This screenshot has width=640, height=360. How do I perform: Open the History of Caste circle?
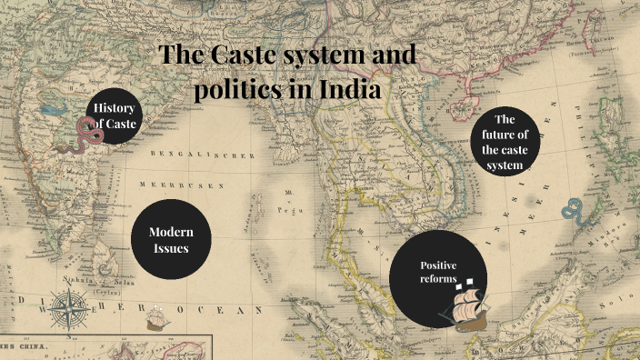coord(116,117)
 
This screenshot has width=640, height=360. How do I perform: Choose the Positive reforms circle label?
coord(437,271)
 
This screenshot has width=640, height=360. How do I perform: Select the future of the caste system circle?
coord(505,144)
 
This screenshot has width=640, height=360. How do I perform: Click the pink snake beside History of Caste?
coord(90,134)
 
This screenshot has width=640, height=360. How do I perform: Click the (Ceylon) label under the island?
coord(108,293)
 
